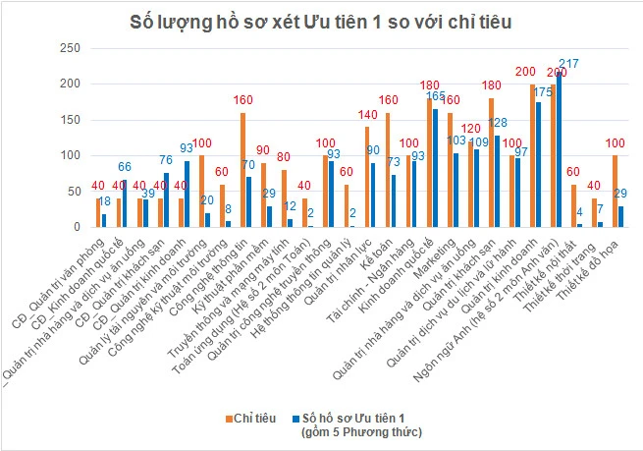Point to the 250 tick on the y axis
tap(69, 49)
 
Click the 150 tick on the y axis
tap(69, 120)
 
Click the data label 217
tap(567, 64)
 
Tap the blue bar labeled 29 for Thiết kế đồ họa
tap(620, 216)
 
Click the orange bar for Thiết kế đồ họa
tap(614, 191)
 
